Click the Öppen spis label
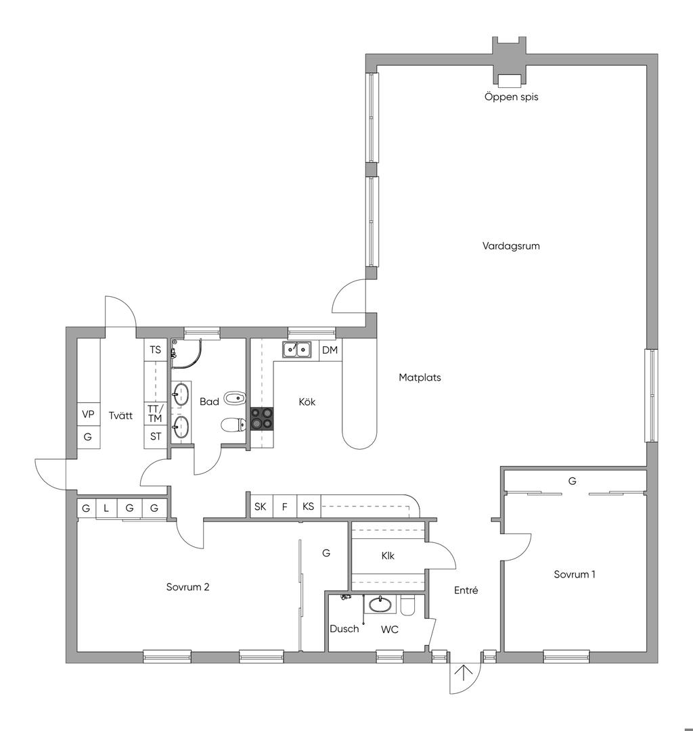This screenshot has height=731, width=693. click(511, 97)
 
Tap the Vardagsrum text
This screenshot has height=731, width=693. click(511, 245)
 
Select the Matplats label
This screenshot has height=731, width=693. click(420, 377)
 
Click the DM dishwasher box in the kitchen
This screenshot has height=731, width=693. click(330, 350)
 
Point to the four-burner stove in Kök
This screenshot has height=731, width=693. click(262, 418)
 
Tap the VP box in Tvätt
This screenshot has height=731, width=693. click(88, 414)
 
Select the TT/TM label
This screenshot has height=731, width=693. click(155, 414)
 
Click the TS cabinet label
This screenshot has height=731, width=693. click(156, 350)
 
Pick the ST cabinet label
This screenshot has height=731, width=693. click(156, 436)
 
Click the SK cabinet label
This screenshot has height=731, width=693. click(261, 506)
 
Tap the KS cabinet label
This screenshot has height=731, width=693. click(308, 506)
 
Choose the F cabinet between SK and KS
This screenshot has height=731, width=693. click(285, 506)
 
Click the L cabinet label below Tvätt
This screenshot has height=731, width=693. click(106, 508)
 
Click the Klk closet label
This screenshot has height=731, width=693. click(388, 556)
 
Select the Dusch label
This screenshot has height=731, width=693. click(344, 629)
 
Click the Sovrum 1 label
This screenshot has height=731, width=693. click(575, 574)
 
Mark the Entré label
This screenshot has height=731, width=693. click(466, 590)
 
